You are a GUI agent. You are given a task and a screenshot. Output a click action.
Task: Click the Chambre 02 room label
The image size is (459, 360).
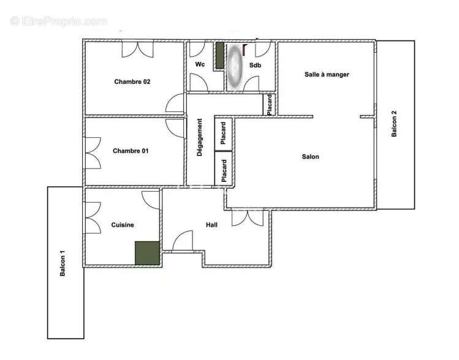pos(132,81)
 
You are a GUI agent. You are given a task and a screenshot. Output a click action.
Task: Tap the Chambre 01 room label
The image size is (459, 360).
pos(131,151)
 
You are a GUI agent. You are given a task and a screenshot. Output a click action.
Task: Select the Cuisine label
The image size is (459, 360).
pos(123,225)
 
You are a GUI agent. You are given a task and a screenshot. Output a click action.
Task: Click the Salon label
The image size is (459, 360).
pos(311,157)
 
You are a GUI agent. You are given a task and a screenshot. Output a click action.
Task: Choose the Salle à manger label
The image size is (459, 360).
pos(327,75)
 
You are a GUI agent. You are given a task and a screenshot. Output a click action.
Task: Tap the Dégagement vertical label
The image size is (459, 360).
pos(200,137)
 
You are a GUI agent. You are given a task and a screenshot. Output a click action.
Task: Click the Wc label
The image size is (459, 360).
pos(200,64)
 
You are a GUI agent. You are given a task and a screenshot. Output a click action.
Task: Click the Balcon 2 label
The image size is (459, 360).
pos(395,122)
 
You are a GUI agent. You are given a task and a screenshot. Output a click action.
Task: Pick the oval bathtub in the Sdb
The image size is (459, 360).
pos(235,66)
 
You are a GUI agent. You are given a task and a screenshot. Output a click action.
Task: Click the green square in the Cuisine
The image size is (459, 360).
pos(147,253)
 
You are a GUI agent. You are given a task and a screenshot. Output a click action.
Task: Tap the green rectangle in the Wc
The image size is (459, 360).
pos(219,55)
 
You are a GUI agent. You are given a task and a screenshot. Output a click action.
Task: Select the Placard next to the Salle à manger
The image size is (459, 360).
pos(270,104)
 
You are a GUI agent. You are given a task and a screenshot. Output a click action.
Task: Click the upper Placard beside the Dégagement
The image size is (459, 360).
pos(223,133)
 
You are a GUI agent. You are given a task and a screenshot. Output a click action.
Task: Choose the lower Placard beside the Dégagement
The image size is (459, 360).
pos(223,169)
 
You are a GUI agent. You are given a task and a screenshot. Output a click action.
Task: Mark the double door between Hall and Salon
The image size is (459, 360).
pos(248,217)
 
